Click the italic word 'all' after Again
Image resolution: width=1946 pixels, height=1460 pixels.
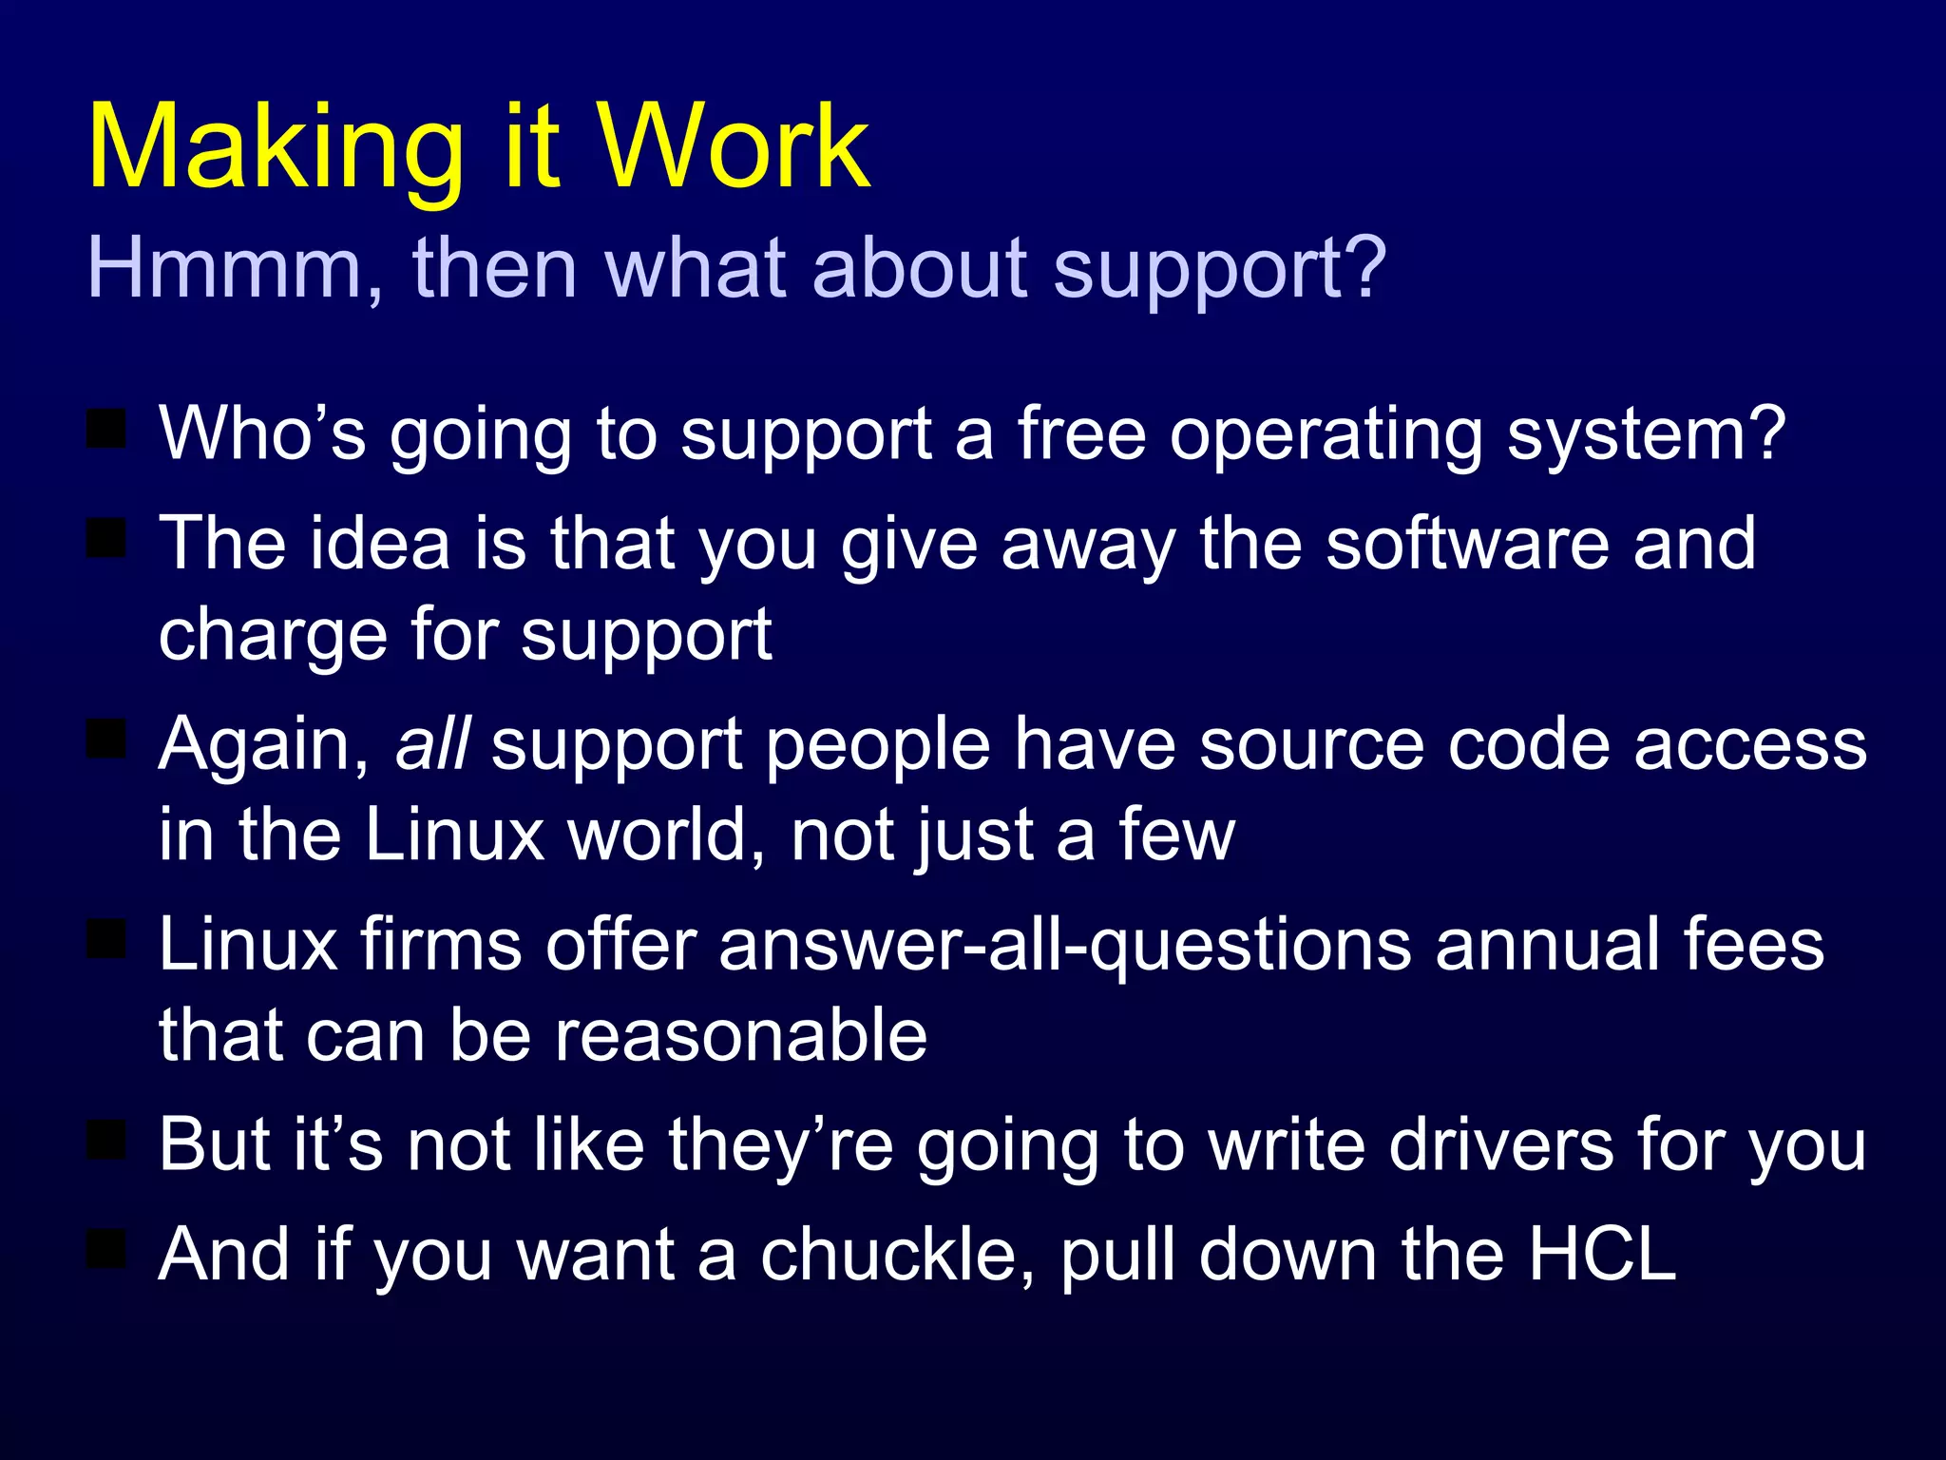click(432, 743)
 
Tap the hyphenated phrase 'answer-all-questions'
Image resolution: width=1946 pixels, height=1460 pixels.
click(1064, 947)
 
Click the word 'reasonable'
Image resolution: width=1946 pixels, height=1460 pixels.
click(741, 1035)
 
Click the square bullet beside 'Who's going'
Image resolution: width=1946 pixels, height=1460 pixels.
click(106, 429)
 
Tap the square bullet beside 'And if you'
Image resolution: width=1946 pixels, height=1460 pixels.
click(106, 1249)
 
